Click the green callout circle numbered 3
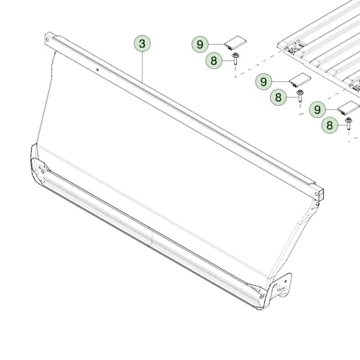[x=143, y=43]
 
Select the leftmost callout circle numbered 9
[x=200, y=44]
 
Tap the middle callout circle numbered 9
[x=264, y=81]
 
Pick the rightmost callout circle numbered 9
[x=318, y=109]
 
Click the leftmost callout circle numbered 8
[x=214, y=60]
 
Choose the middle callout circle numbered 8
[x=278, y=97]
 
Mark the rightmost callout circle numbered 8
[x=330, y=125]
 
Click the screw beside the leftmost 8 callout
[x=235, y=59]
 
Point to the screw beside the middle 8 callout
[x=300, y=96]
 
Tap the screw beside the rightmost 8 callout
[x=348, y=123]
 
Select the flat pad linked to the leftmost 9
[x=235, y=42]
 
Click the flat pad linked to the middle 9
[x=300, y=80]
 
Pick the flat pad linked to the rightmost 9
[x=349, y=107]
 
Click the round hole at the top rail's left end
[x=48, y=40]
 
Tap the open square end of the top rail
[x=320, y=194]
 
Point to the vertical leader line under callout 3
[x=143, y=67]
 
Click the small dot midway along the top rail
[x=97, y=70]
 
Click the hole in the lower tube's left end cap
[x=42, y=171]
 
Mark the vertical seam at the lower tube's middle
[x=151, y=236]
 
